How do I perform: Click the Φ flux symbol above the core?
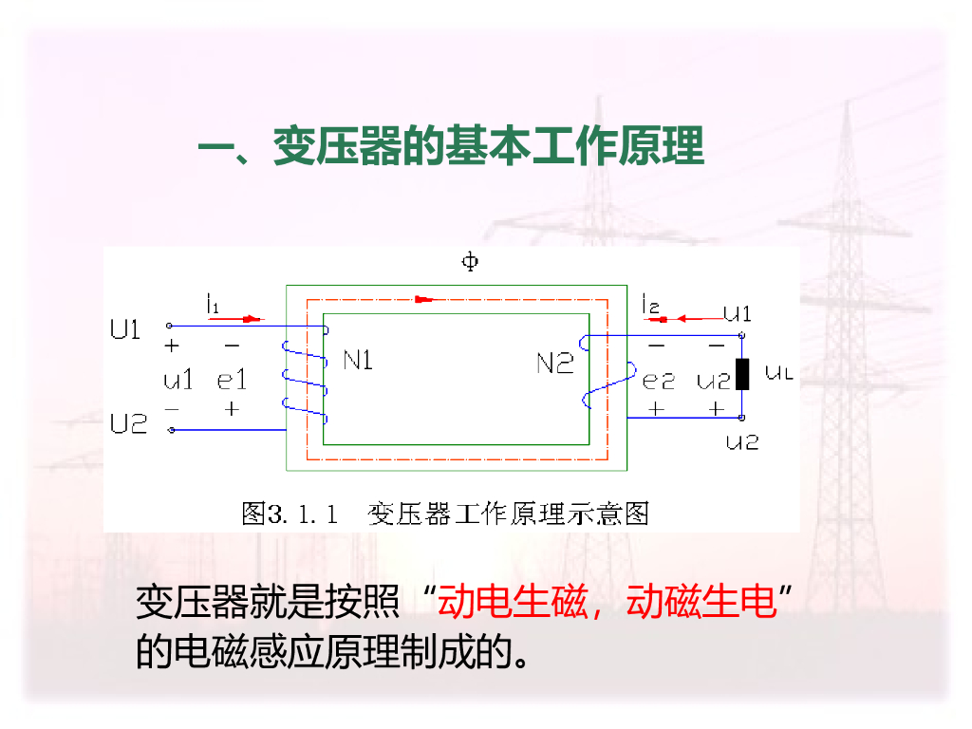click(x=470, y=262)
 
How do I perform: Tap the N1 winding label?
click(x=358, y=361)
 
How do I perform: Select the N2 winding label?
click(x=554, y=363)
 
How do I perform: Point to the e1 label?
click(x=232, y=381)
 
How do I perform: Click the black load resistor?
click(x=742, y=374)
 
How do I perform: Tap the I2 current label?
click(x=650, y=306)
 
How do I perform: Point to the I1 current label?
click(x=213, y=306)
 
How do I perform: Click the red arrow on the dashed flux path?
click(x=424, y=300)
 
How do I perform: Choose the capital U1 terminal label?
click(x=125, y=330)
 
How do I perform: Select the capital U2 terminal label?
click(x=128, y=423)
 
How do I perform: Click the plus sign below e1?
click(x=232, y=409)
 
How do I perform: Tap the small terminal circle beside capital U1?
click(x=170, y=326)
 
